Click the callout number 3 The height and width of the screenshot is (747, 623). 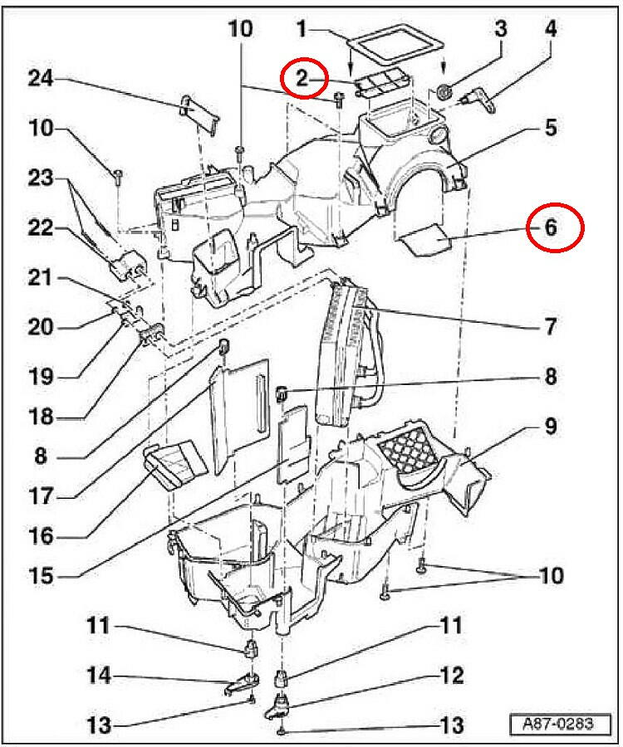[x=500, y=29]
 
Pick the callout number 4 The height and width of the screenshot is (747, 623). [x=552, y=29]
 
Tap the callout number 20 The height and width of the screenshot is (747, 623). [x=40, y=326]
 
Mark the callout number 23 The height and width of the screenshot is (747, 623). [x=40, y=178]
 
